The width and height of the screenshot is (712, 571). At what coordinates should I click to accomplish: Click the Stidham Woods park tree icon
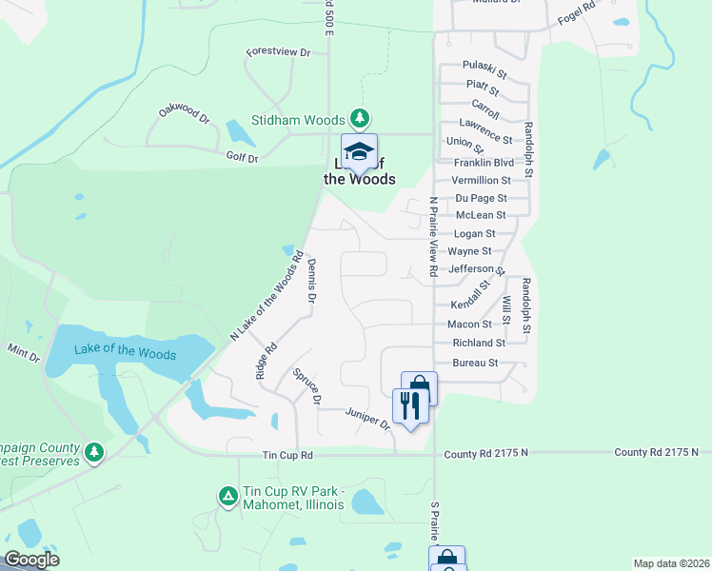click(x=359, y=119)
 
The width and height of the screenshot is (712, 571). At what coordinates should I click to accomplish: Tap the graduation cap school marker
click(x=359, y=152)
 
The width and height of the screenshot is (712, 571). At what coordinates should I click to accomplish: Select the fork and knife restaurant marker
click(x=410, y=406)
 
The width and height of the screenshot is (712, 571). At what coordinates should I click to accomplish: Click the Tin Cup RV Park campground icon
click(x=227, y=496)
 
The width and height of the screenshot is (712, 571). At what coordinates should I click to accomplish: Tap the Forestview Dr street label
click(x=278, y=53)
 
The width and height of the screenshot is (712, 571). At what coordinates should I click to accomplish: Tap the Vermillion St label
click(x=481, y=180)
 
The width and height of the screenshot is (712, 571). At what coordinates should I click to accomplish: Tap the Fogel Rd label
click(x=576, y=14)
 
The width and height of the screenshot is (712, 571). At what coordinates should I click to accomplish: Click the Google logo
click(x=31, y=560)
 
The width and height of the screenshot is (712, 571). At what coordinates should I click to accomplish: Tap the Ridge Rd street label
click(x=266, y=362)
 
